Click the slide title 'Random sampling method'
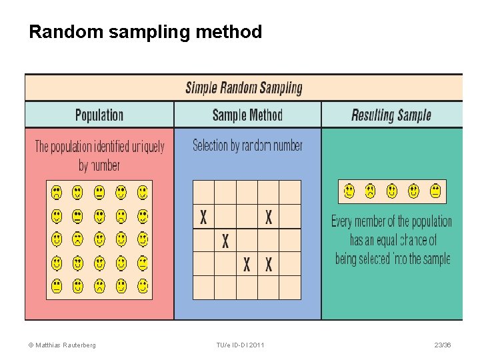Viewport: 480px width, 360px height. coord(145,32)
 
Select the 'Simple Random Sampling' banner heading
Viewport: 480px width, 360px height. coord(243,87)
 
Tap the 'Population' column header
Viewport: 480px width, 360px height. coord(99,115)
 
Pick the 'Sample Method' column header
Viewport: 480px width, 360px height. coord(247,115)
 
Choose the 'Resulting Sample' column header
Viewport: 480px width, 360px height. coord(391,115)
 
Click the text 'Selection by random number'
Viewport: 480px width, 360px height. coord(247,145)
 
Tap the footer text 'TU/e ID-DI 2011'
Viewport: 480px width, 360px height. coord(240,345)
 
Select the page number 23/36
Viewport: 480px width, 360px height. coord(442,345)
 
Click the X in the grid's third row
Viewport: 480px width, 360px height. coord(225,241)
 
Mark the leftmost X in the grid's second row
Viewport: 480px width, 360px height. coord(203,217)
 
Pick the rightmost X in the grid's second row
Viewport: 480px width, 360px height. coord(268,217)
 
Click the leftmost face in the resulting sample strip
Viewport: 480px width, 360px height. coord(349,192)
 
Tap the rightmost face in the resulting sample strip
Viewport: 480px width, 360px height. coord(435,192)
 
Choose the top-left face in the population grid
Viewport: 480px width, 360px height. coord(57,193)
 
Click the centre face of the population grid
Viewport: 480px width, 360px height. coord(99,239)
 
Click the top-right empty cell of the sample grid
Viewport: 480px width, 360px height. coord(289,192)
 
